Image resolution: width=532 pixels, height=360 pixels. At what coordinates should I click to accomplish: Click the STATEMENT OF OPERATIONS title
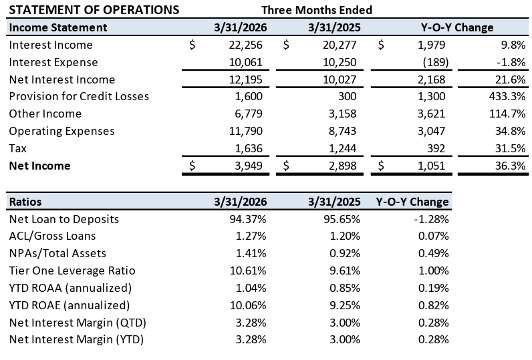point(94,10)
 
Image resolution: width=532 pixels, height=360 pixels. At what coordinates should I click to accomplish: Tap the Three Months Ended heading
point(317,10)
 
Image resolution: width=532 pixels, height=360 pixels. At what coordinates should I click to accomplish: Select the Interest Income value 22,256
point(246,45)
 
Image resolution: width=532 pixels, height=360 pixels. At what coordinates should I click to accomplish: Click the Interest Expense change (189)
point(436,62)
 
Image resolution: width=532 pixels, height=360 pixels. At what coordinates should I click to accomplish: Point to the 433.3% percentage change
point(507,96)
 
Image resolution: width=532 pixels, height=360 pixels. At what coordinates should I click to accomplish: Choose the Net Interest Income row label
point(62,79)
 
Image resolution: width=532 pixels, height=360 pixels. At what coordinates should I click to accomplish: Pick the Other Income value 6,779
point(249,114)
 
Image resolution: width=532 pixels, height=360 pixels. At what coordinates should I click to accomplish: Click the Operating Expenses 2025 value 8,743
point(342,131)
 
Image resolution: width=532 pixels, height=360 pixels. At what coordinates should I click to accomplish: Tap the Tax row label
point(17,148)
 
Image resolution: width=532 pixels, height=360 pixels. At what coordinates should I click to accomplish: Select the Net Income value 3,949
point(249,166)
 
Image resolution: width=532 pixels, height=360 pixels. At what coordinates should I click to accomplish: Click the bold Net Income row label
point(39,166)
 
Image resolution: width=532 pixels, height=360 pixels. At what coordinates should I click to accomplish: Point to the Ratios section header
point(25,202)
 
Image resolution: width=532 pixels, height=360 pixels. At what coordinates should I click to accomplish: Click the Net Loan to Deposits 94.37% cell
point(248,219)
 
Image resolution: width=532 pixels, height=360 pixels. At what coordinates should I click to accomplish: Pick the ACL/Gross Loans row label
point(53,236)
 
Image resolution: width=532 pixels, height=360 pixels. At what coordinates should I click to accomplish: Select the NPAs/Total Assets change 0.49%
point(434,254)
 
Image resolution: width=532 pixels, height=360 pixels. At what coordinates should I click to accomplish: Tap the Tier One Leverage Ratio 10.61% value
point(248,271)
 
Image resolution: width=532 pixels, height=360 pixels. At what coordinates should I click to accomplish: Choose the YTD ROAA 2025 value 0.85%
point(345,288)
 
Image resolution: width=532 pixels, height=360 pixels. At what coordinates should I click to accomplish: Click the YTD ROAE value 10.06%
point(248,305)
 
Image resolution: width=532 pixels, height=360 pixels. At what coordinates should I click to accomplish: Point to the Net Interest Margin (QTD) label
point(78,323)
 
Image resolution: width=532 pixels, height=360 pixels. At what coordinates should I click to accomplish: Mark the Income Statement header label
point(58,27)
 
